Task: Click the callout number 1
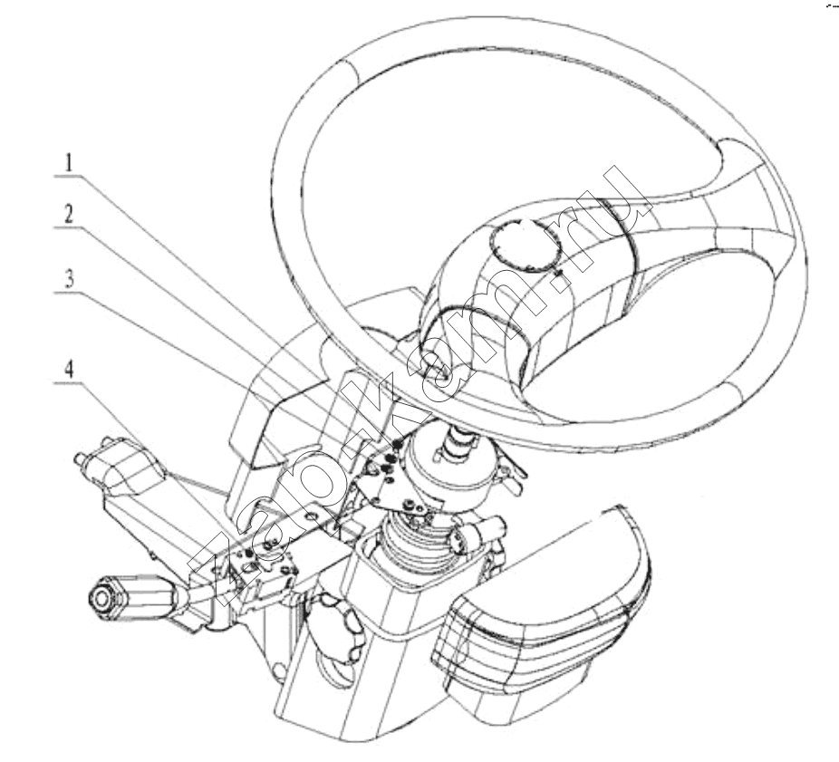point(69,163)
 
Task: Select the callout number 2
point(69,215)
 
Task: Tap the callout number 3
point(69,279)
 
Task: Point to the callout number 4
point(69,370)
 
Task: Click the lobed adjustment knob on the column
point(334,630)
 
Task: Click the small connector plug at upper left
point(117,462)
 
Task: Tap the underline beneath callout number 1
point(69,176)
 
